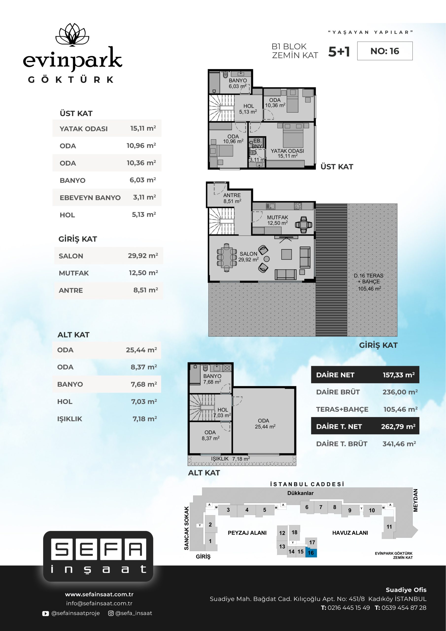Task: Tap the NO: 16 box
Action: (385, 51)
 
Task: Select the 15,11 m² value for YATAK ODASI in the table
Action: (143, 128)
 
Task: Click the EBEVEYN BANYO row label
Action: (90, 198)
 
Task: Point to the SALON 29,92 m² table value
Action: (143, 256)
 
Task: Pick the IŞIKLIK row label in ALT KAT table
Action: (69, 419)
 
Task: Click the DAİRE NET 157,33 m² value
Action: (399, 375)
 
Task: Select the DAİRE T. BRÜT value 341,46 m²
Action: (399, 444)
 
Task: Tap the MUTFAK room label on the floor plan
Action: (277, 217)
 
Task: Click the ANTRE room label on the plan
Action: (232, 195)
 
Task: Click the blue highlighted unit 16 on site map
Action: (311, 553)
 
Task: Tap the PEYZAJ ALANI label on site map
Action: (247, 533)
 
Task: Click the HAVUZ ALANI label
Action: (350, 533)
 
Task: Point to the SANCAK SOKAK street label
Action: (187, 528)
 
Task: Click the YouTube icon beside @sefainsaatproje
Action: (45, 613)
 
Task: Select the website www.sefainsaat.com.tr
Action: (99, 594)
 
